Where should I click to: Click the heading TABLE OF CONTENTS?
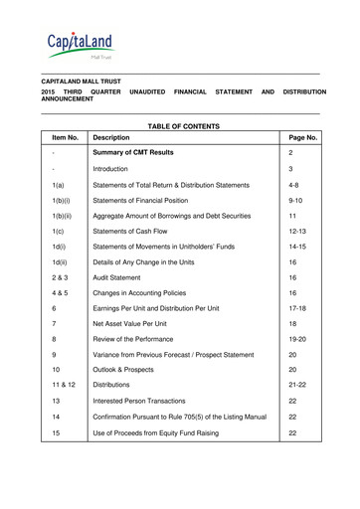coord(179,126)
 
